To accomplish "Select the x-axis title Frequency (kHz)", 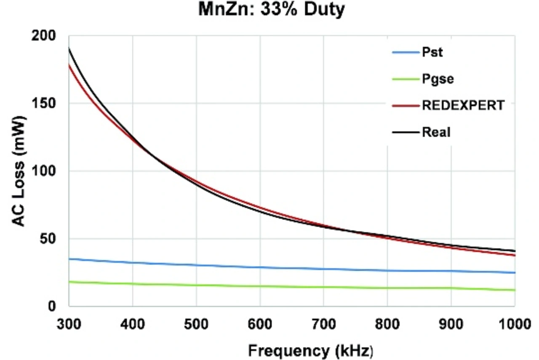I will (x=310, y=350).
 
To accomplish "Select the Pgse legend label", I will (x=438, y=79).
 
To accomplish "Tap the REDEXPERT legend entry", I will (x=463, y=105).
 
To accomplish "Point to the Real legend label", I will (x=436, y=132).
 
